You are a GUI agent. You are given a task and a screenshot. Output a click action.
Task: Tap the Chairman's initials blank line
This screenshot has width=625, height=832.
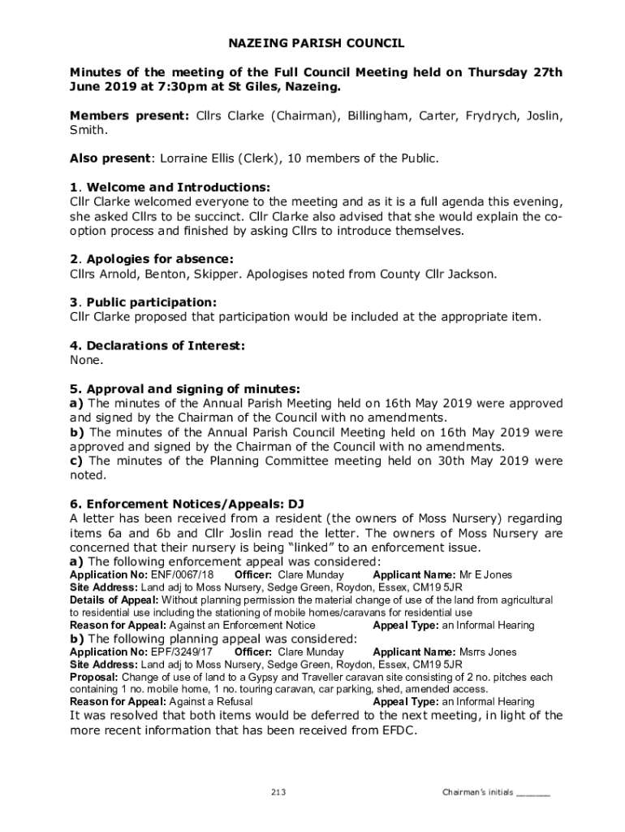tap(533, 792)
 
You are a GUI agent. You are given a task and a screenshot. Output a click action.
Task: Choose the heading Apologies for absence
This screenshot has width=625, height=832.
tap(164, 259)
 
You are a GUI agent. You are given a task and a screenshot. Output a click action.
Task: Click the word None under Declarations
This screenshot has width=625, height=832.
tap(86, 359)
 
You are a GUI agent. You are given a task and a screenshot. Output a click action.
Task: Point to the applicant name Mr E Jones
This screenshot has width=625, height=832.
tap(485, 574)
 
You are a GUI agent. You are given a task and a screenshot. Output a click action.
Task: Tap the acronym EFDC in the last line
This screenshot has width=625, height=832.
tap(398, 730)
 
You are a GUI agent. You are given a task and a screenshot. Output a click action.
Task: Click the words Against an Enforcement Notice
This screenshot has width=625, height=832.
tap(242, 626)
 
